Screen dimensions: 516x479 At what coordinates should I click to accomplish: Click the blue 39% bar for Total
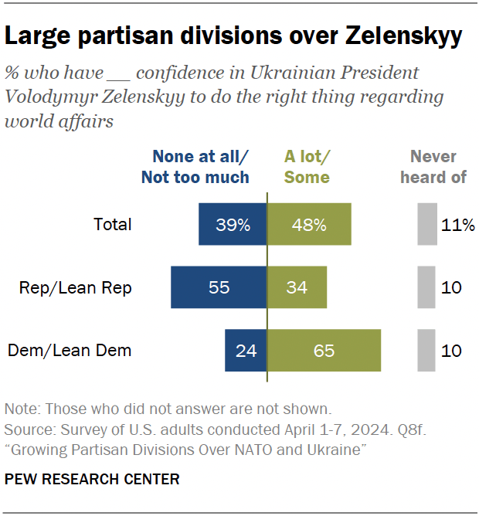pos(232,225)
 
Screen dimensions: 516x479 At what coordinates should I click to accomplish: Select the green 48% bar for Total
pos(309,225)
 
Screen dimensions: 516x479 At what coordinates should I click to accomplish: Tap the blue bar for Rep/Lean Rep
pos(219,287)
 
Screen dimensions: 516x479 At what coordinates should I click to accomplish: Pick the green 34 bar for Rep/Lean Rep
pos(297,287)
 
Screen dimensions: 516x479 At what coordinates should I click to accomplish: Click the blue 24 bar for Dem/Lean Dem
pos(246,350)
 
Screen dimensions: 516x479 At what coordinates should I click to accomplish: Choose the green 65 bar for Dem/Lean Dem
pos(324,350)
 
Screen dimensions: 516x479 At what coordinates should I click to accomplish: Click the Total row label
pos(113,225)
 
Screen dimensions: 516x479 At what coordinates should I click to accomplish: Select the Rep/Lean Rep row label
pos(76,288)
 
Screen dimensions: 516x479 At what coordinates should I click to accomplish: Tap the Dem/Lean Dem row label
pos(70,351)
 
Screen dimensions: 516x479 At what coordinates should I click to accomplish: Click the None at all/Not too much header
pos(195,167)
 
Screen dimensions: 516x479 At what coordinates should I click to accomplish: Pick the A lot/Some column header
pos(307,167)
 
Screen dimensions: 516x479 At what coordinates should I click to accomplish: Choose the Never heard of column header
pos(433,167)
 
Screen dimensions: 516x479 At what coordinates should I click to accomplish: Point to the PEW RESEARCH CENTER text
pos(92,480)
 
